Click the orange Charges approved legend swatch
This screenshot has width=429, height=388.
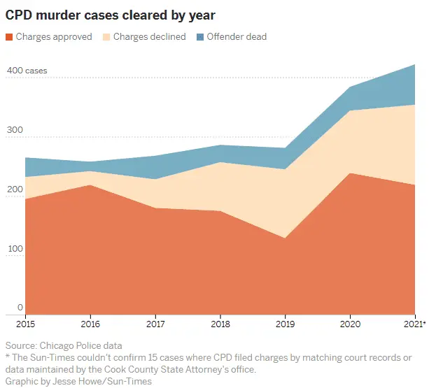pos(9,37)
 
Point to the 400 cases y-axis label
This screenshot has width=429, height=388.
pos(27,71)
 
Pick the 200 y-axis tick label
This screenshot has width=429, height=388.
pos(14,189)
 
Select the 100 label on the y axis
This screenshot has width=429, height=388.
pos(14,248)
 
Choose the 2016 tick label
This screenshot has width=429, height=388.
pos(90,324)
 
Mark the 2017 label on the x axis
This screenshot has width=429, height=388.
pos(155,324)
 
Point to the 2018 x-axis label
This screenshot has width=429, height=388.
pos(220,324)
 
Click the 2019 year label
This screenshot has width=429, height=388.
pos(286,324)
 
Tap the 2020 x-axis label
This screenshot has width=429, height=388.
pos(351,324)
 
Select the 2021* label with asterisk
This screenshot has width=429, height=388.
pos(414,324)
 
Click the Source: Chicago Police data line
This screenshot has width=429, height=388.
pos(64,346)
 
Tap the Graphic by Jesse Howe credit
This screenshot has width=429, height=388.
pos(78,382)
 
